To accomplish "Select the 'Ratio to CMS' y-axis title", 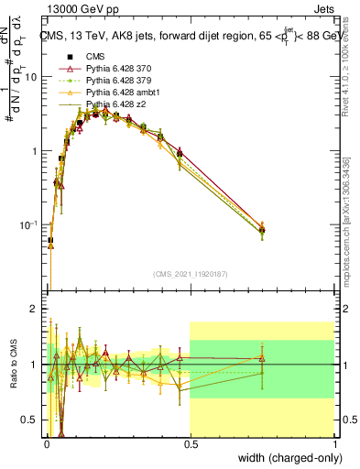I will point(16,364).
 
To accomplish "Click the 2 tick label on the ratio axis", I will point(33,309).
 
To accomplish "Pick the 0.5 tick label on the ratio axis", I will point(29,420).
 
